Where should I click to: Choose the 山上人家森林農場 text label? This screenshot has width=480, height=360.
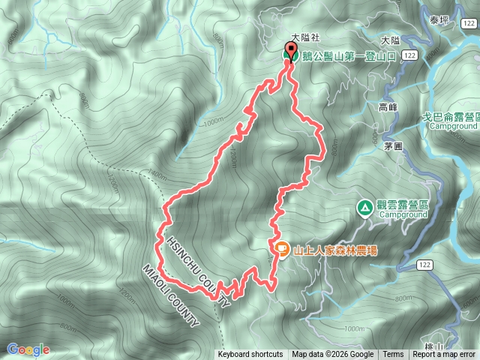(x=335, y=250)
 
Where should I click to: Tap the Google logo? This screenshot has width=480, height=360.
(x=28, y=349)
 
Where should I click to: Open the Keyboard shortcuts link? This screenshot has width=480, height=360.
(x=250, y=355)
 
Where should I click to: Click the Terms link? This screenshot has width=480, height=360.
(x=393, y=355)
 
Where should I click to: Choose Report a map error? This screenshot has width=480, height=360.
(x=445, y=355)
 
